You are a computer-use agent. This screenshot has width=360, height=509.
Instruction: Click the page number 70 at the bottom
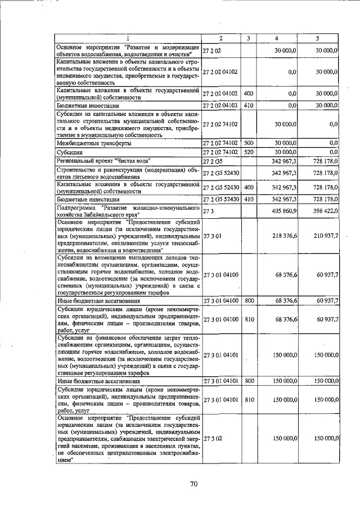point(194,483)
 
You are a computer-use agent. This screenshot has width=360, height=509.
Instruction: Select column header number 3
point(248,38)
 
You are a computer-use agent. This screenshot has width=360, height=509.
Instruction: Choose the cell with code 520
point(248,152)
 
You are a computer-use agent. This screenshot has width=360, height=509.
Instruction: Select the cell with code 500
point(248,143)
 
